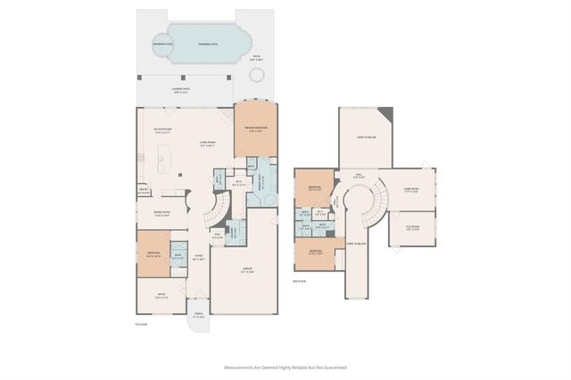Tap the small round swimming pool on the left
(x=163, y=44)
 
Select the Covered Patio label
(x=180, y=90)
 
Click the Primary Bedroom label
(x=256, y=129)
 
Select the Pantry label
(x=143, y=190)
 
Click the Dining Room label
(x=161, y=214)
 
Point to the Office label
(x=161, y=297)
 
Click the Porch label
(x=198, y=317)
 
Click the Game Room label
(x=411, y=189)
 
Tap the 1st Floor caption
(x=141, y=324)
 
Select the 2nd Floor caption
(x=301, y=281)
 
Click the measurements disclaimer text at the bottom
(x=285, y=367)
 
